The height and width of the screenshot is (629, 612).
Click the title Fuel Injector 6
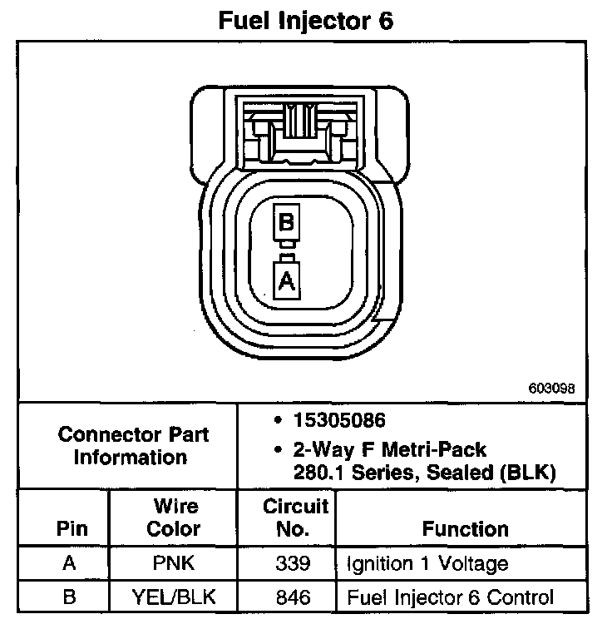(x=305, y=21)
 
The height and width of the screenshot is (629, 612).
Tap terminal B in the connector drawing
(x=286, y=223)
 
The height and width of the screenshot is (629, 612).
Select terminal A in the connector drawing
(x=286, y=280)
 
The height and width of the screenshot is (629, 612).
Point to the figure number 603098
(x=550, y=389)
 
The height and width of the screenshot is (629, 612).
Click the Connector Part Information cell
(x=133, y=446)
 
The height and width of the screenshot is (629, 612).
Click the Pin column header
(x=70, y=529)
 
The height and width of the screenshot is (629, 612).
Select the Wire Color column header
(x=175, y=518)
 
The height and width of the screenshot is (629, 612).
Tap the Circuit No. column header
(x=295, y=518)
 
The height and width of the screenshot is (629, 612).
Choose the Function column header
(x=466, y=529)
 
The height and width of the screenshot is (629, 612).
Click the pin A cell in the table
(x=70, y=563)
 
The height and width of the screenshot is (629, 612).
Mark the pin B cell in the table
(x=70, y=597)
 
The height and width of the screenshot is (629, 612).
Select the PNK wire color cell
(x=175, y=563)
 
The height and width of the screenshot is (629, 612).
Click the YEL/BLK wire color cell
(x=175, y=597)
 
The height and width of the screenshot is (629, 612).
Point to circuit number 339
(x=294, y=563)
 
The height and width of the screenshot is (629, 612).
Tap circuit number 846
(x=294, y=597)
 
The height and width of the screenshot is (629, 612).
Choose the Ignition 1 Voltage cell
(x=427, y=563)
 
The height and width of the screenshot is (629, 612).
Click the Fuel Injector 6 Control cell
(x=450, y=597)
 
